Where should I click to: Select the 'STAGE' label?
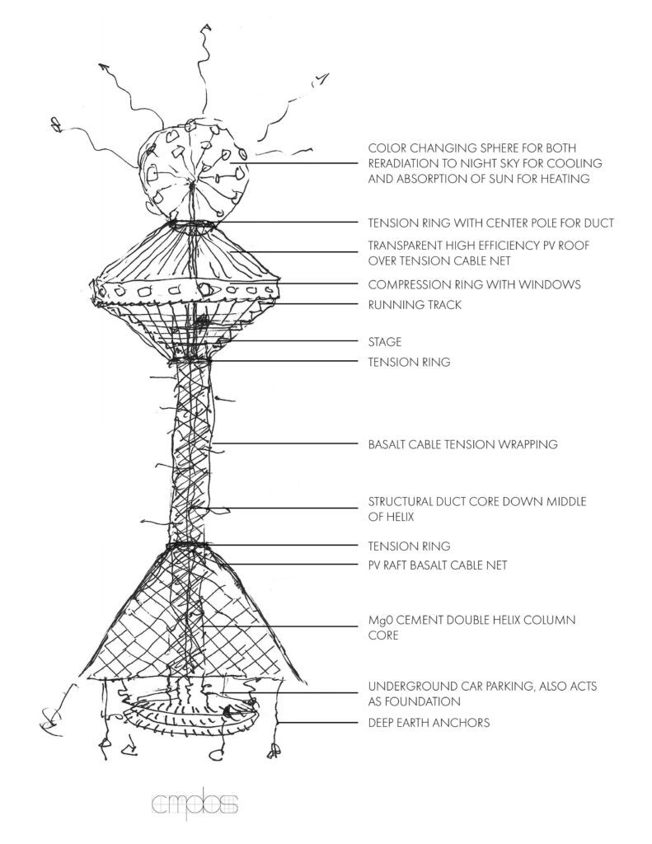pyautogui.click(x=385, y=342)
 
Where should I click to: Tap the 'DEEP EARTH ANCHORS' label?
pyautogui.click(x=429, y=723)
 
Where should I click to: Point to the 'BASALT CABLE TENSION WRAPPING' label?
pyautogui.click(x=462, y=444)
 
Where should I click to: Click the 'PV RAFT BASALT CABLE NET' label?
pyautogui.click(x=437, y=565)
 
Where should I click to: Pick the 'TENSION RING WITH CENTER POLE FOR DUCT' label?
pyautogui.click(x=490, y=223)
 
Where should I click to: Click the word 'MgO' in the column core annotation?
pyautogui.click(x=380, y=619)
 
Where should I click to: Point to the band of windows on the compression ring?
pyautogui.click(x=186, y=290)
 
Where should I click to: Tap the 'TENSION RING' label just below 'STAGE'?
pyautogui.click(x=409, y=362)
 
